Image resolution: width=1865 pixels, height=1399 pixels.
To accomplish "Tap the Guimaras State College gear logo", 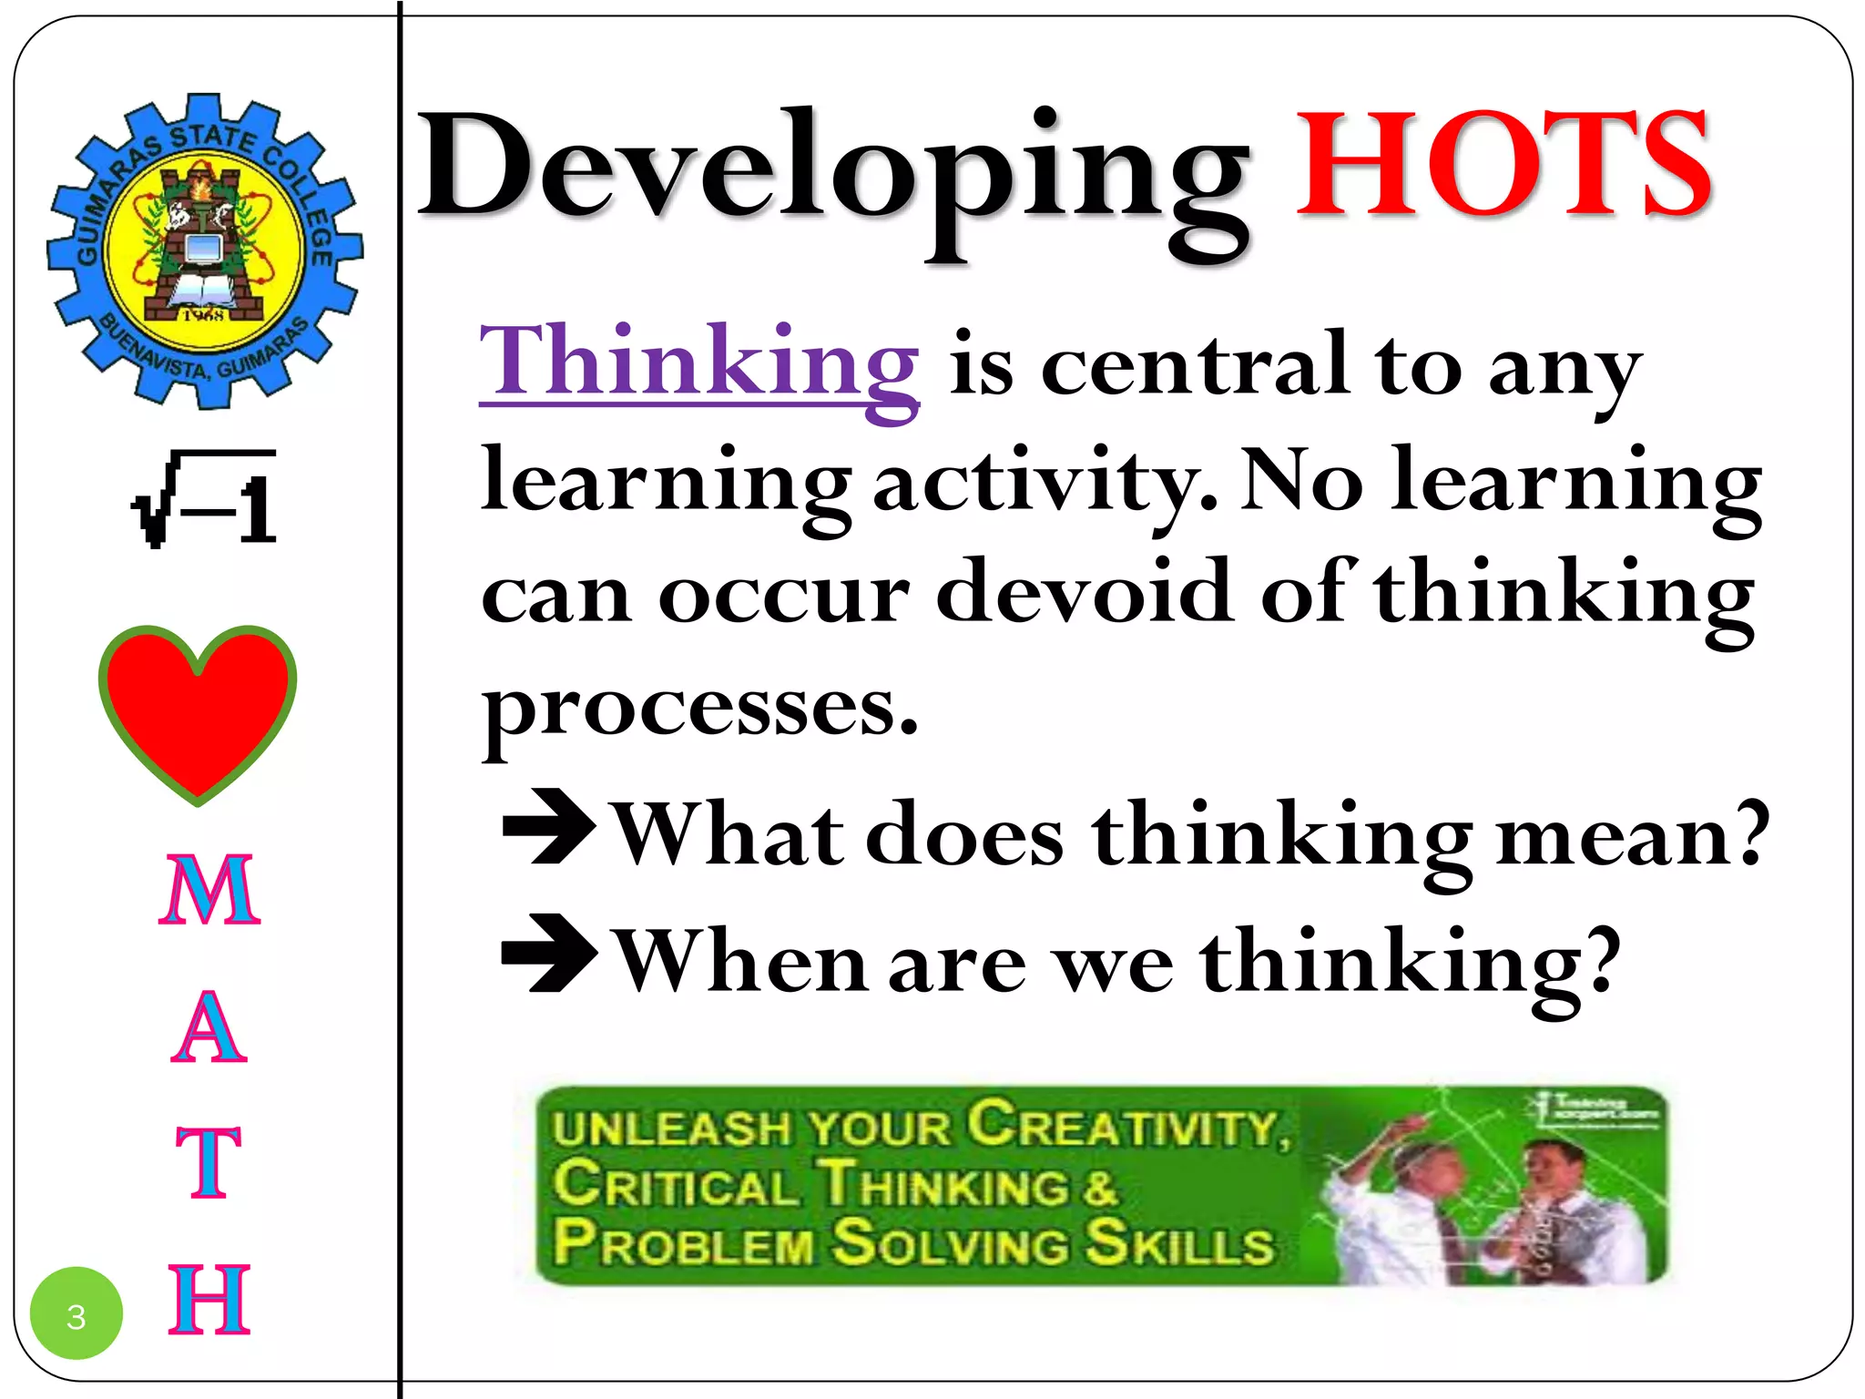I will (x=204, y=250).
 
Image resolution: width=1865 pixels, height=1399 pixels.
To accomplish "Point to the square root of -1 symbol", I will (x=205, y=499).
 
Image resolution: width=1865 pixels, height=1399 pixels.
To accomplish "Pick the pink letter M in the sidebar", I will (x=209, y=890).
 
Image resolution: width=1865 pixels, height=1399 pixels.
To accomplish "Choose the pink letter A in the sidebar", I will (x=209, y=1027).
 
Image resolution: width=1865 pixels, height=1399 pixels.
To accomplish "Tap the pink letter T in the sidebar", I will (x=209, y=1162).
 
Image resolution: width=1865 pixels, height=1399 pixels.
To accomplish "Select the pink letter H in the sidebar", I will (x=209, y=1300).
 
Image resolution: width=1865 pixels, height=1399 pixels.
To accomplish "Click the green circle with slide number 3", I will (x=76, y=1313).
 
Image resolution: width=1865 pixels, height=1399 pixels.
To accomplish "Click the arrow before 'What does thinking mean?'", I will (x=549, y=826).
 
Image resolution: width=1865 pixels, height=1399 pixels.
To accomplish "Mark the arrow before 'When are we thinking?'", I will (x=549, y=954).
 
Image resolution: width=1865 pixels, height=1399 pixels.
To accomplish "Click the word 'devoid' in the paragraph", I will (x=1084, y=592).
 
